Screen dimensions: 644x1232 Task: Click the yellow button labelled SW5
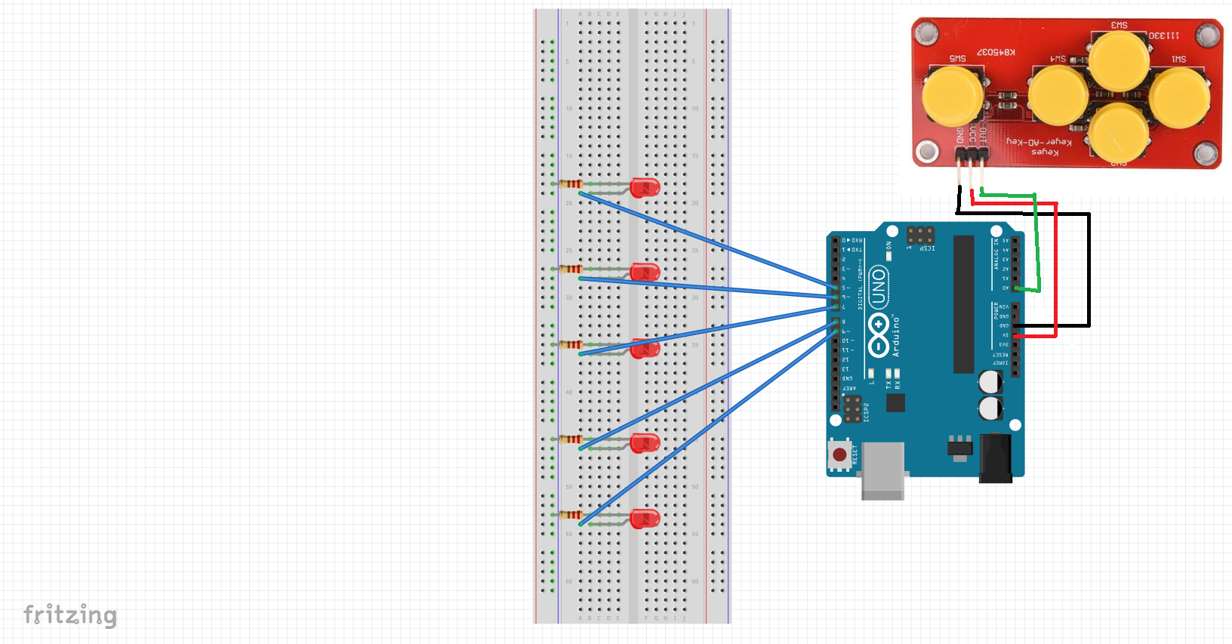[953, 95]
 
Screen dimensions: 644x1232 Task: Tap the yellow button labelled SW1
[1179, 97]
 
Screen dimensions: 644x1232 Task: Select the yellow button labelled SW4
[1058, 95]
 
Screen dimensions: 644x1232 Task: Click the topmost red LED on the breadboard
[644, 186]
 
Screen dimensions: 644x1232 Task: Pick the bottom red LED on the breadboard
[644, 518]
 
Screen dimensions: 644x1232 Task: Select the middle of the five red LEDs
[644, 348]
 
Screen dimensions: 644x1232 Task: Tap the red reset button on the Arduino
[839, 454]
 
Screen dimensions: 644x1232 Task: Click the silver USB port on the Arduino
[882, 470]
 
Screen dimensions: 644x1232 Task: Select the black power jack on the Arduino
[995, 458]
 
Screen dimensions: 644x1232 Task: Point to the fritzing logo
[70, 615]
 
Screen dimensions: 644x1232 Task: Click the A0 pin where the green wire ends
[1015, 288]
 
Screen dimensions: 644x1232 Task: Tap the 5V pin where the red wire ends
[1015, 335]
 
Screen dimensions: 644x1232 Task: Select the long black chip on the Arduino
[963, 304]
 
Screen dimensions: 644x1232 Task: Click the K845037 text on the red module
[996, 52]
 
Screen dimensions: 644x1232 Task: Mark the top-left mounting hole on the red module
[927, 33]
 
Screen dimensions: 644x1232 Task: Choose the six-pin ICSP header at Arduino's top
[920, 234]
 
